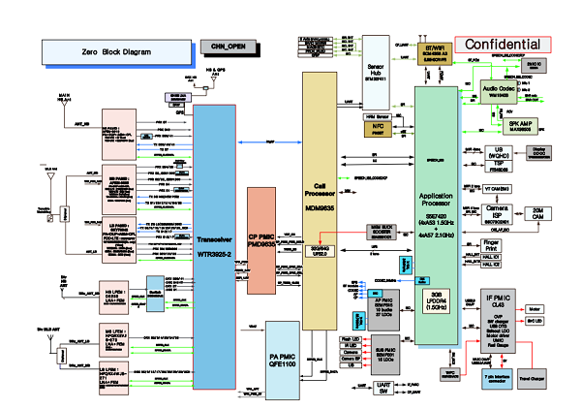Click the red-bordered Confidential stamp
pyautogui.click(x=503, y=45)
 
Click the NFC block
pyautogui.click(x=377, y=129)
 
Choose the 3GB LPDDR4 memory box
pyautogui.click(x=436, y=300)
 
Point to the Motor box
pyautogui.click(x=535, y=311)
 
